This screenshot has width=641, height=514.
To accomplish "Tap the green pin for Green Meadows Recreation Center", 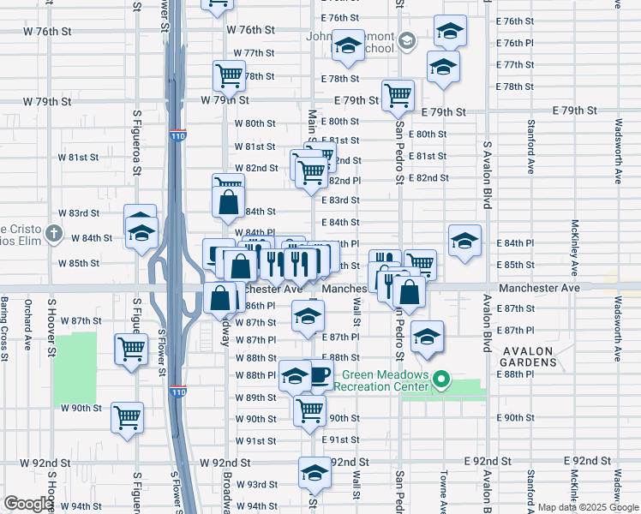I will point(442,379).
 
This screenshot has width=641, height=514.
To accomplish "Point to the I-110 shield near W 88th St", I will point(177,391).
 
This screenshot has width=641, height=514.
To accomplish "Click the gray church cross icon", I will point(53,233).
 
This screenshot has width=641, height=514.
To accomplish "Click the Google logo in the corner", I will point(28,504).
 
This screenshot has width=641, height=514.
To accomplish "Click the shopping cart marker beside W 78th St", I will point(229,75).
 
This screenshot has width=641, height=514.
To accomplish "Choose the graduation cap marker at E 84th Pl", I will point(464,240).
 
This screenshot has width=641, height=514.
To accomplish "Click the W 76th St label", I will point(250,29).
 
